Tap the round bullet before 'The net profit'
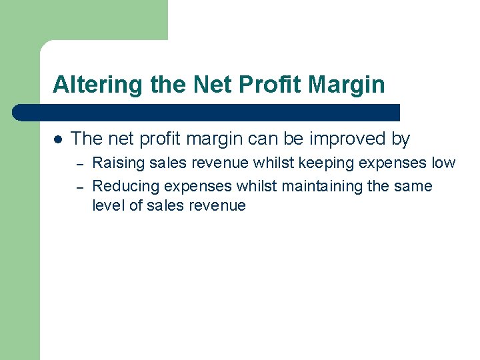pos(58,139)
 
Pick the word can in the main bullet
pos(266,139)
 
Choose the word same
pos(413,186)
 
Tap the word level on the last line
pos(108,205)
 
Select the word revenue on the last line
pos(218,205)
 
